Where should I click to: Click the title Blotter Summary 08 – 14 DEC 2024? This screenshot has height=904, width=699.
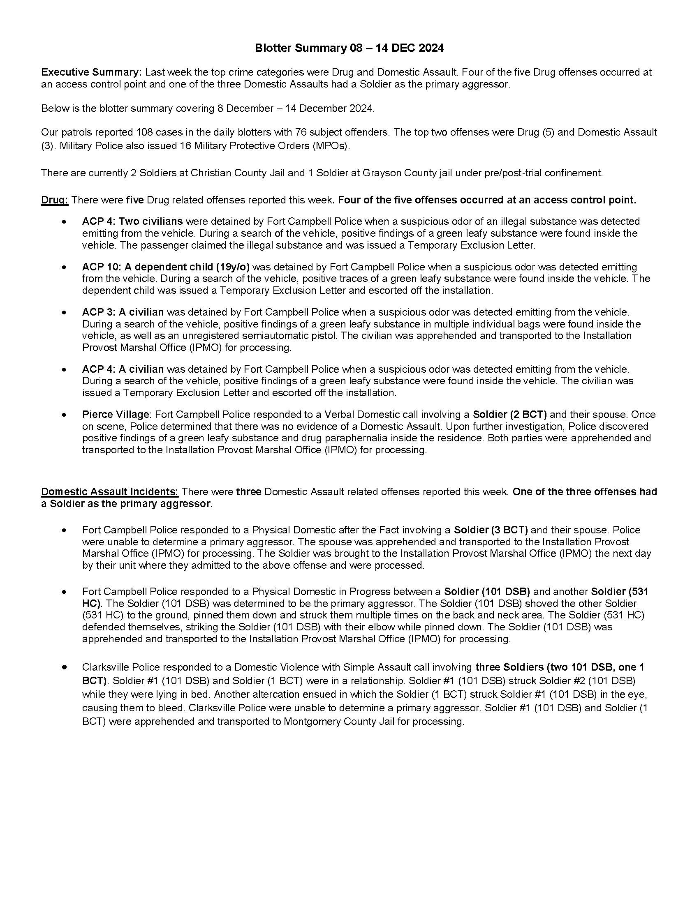tap(349, 48)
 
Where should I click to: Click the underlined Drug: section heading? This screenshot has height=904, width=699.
tap(55, 201)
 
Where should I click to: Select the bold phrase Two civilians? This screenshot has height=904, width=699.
tap(151, 221)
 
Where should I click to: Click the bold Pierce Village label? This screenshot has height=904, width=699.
tap(115, 414)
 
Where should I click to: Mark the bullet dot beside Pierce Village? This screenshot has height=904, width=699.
tap(64, 415)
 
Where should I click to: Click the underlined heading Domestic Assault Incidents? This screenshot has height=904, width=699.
tap(110, 492)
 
